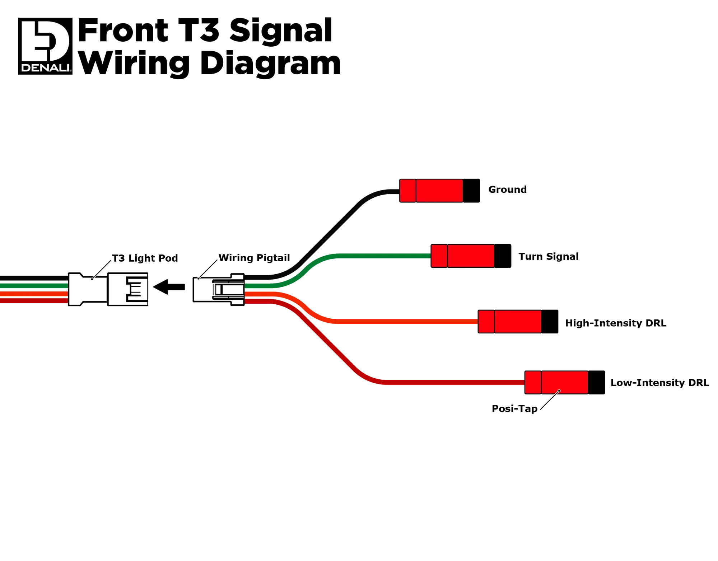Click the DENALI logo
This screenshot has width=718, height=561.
point(45,46)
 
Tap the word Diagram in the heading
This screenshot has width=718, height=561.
point(270,64)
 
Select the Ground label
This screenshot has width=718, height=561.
point(507,190)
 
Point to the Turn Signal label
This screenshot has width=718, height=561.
point(548,257)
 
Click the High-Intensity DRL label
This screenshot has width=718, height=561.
point(616,323)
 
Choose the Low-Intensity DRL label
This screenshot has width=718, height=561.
point(659,383)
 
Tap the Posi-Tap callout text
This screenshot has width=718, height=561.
point(514,408)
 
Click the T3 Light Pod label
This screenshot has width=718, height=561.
point(145,258)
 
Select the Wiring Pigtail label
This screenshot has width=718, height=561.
point(254,258)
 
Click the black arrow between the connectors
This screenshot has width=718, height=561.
point(169,287)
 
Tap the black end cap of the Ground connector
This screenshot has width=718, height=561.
point(471,191)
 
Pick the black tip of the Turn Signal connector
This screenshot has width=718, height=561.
point(503,256)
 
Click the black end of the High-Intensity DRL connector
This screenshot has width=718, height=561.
point(550,322)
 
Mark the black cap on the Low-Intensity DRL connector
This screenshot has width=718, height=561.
point(596,383)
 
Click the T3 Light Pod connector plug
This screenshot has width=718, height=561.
point(108,289)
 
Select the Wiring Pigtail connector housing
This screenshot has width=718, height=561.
point(219,290)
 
